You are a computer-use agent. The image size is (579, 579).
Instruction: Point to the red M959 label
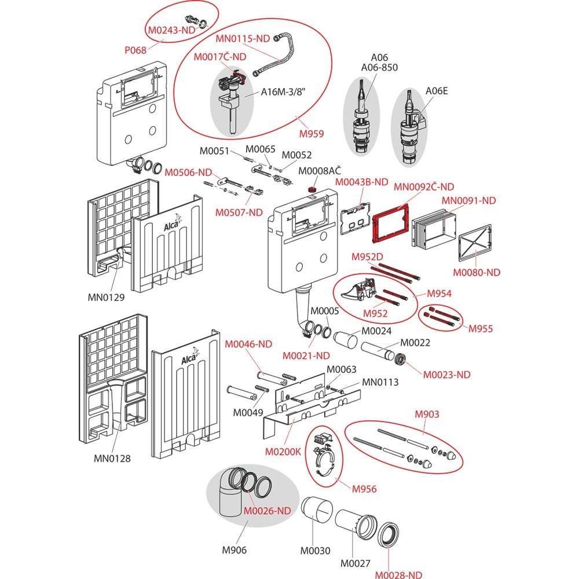[311, 134]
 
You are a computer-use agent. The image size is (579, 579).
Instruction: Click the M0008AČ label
[319, 171]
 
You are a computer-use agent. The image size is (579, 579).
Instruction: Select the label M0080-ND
[477, 272]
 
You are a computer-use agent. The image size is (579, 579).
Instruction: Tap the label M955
[481, 329]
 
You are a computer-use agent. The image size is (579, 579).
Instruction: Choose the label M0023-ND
[446, 375]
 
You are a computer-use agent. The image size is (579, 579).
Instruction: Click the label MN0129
[106, 298]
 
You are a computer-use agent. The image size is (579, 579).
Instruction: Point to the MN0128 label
[112, 459]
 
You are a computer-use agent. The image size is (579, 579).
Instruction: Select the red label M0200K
[283, 452]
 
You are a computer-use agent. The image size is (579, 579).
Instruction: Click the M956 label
[364, 489]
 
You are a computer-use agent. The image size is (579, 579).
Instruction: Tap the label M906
[234, 550]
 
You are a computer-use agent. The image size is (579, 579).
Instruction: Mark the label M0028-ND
[398, 574]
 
